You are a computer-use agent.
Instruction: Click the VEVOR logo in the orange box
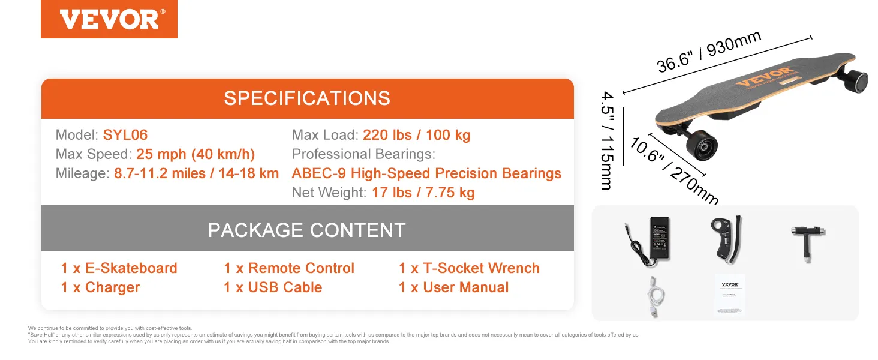[x=109, y=19]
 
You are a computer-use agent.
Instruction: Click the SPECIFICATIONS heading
[x=307, y=98]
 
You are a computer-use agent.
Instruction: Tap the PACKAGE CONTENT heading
[x=307, y=230]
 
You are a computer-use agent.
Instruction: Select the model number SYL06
[x=125, y=135]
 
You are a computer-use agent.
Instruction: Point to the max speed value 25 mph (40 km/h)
[x=196, y=154]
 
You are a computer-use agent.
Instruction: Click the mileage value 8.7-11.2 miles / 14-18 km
[x=196, y=173]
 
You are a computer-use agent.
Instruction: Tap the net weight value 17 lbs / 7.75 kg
[x=423, y=193]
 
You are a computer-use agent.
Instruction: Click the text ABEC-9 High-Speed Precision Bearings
[x=426, y=173]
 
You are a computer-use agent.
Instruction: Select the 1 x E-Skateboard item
[x=119, y=268]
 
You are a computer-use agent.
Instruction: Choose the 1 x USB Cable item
[x=273, y=287]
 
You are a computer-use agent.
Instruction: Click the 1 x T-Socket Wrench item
[x=469, y=268]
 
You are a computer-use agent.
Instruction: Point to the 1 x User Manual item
[x=453, y=287]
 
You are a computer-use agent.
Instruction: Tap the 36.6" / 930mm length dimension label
[x=709, y=52]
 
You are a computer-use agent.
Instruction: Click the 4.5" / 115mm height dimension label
[x=607, y=140]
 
